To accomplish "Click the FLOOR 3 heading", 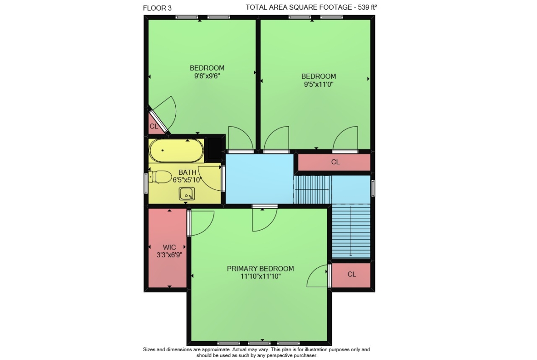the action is coord(157,8).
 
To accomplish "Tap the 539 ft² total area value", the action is coord(367,7).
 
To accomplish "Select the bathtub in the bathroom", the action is coord(176,150).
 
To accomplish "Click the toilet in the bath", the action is coord(160,177).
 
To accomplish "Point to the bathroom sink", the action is coord(187,194).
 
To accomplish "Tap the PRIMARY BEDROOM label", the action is coord(260,269).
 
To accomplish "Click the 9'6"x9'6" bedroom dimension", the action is coord(207,76).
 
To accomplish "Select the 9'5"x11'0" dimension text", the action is coord(319,84).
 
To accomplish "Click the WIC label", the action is coord(169,247).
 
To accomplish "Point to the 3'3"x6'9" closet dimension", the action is coord(169,255).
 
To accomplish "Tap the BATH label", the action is coord(187,172).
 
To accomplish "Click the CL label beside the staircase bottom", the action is coord(352,274).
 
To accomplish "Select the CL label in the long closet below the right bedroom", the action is coord(336,162).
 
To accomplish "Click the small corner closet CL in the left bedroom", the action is coord(154,126).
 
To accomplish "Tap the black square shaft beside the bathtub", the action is coord(215,148).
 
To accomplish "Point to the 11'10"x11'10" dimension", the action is coord(260,277).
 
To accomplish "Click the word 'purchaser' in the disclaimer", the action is coord(304,355).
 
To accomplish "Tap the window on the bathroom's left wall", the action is coord(146,183).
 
